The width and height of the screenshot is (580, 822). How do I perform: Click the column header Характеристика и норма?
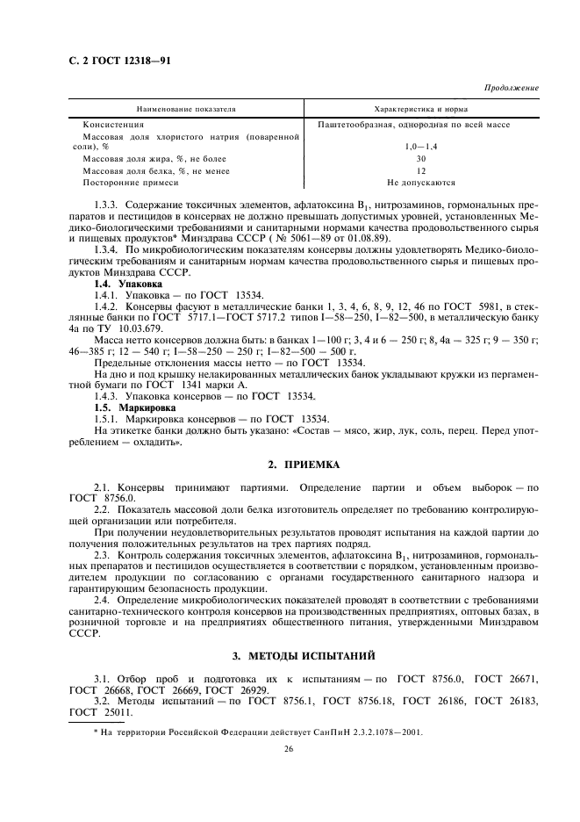[420, 110]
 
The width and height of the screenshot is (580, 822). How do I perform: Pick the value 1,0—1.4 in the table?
[420, 148]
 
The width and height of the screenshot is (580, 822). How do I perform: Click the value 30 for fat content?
[420, 160]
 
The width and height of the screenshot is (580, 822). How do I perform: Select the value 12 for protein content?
[420, 171]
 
